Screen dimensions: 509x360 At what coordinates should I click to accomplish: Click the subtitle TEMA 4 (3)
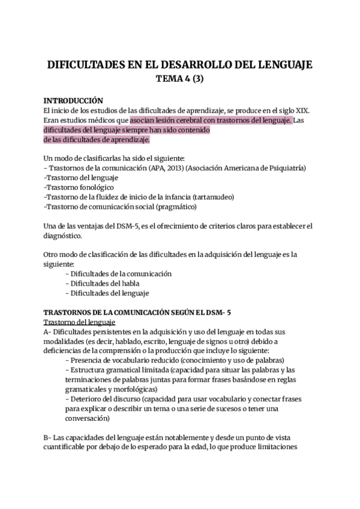click(x=179, y=78)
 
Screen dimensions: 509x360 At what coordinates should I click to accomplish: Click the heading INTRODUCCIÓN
click(x=74, y=101)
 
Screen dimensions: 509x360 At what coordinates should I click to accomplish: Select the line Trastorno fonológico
click(x=79, y=187)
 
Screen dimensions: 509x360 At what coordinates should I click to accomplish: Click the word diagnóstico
click(x=65, y=235)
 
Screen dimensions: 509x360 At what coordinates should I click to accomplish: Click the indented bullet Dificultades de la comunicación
click(x=119, y=274)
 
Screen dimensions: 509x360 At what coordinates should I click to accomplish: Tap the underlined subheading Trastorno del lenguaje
click(x=81, y=322)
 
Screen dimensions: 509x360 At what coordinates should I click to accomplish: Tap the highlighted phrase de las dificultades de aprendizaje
click(x=97, y=139)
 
